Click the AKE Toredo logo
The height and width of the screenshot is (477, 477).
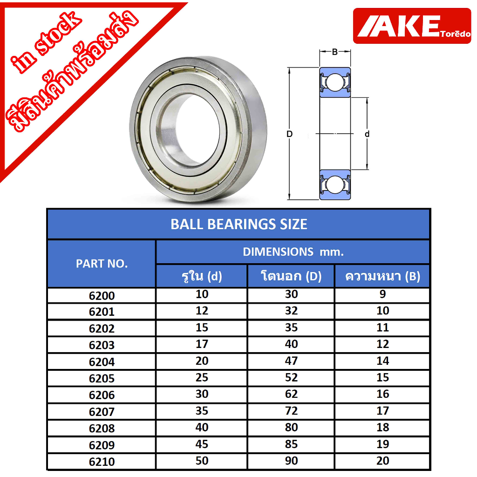click(412, 26)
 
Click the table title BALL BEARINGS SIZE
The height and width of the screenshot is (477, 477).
click(238, 224)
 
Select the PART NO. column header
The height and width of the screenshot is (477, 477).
click(101, 264)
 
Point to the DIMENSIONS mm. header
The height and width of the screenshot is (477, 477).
click(293, 252)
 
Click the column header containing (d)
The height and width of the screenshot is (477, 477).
click(201, 276)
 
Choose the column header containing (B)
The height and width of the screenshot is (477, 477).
click(382, 276)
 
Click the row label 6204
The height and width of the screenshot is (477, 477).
click(102, 362)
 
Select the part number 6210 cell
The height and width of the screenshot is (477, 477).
click(102, 462)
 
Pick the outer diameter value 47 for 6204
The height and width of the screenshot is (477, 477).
click(291, 361)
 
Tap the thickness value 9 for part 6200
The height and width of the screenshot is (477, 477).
click(382, 294)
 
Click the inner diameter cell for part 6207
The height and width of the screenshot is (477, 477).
click(202, 411)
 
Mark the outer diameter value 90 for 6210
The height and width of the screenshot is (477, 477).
click(291, 461)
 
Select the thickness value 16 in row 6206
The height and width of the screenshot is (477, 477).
click(382, 394)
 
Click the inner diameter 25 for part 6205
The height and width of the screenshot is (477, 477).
click(202, 378)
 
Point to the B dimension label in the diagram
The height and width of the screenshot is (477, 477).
click(334, 52)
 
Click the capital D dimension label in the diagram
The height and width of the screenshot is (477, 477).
click(289, 134)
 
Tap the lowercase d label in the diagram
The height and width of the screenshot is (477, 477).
click(367, 134)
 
